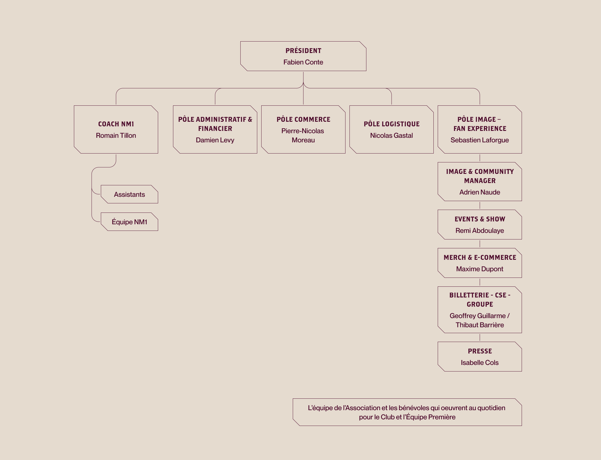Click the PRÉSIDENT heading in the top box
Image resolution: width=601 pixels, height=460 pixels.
pos(303,51)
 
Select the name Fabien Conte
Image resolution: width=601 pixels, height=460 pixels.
pos(303,62)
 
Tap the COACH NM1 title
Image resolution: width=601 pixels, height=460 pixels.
pos(116,124)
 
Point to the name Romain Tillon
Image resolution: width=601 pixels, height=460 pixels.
pos(116,135)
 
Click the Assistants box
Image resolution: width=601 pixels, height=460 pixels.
pos(129,194)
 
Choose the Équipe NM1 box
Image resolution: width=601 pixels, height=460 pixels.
pos(129,222)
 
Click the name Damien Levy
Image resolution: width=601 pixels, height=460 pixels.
pos(215,140)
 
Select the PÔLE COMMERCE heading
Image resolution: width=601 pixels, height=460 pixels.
pos(303,119)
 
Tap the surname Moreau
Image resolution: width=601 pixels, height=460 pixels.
pos(303,140)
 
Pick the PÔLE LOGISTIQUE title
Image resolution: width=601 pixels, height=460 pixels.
pos(392,124)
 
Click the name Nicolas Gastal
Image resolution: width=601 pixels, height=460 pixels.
pos(392,135)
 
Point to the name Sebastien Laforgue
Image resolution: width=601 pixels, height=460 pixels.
pos(480,140)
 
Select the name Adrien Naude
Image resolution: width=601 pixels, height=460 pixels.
pos(480,192)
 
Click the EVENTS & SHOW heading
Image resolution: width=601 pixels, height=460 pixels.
pos(480,219)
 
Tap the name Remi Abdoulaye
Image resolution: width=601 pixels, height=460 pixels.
pos(480,231)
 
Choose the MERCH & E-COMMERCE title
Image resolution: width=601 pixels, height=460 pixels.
pos(480,257)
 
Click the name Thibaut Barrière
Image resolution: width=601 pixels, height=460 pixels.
pos(480,325)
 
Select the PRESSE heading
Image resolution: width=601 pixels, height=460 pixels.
pos(480,351)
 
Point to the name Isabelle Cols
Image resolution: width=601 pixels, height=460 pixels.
pos(480,363)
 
